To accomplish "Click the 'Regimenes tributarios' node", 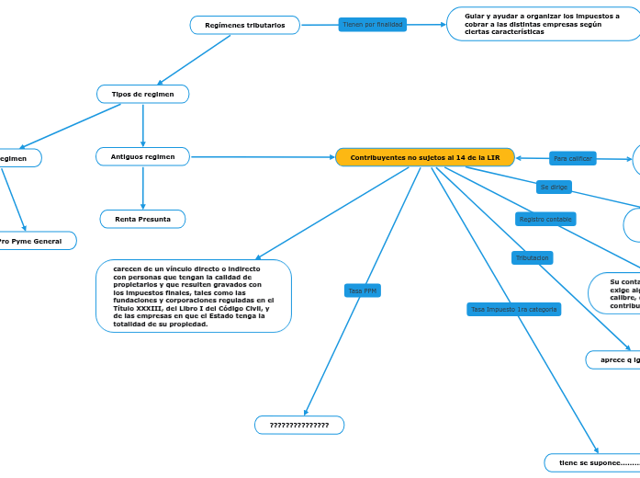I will pos(244,25).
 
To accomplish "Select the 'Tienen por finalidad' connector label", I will pos(372,24).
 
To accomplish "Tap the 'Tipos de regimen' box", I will pos(142,94).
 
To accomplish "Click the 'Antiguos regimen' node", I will pos(142,157).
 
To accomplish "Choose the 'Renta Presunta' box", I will pos(142,219).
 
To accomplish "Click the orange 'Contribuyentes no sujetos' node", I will pos(424,157).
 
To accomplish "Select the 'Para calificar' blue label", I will pos(573,158).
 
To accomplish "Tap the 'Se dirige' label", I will pos(555,187).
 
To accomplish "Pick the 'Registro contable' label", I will pos(545,219).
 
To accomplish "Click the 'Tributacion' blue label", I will pos(532,258).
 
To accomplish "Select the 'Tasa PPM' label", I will pos(362,290).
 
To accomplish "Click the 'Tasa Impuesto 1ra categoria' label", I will pos(513,309).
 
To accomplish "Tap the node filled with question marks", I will pos(298,425).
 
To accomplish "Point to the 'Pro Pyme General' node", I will pos(32,241).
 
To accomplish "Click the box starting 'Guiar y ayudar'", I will pos(542,24).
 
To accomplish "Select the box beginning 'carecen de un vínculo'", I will pos(193,296).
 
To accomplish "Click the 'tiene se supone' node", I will pos(592,462).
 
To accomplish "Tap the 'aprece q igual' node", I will pos(615,359).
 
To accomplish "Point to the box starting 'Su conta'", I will pos(615,292).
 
